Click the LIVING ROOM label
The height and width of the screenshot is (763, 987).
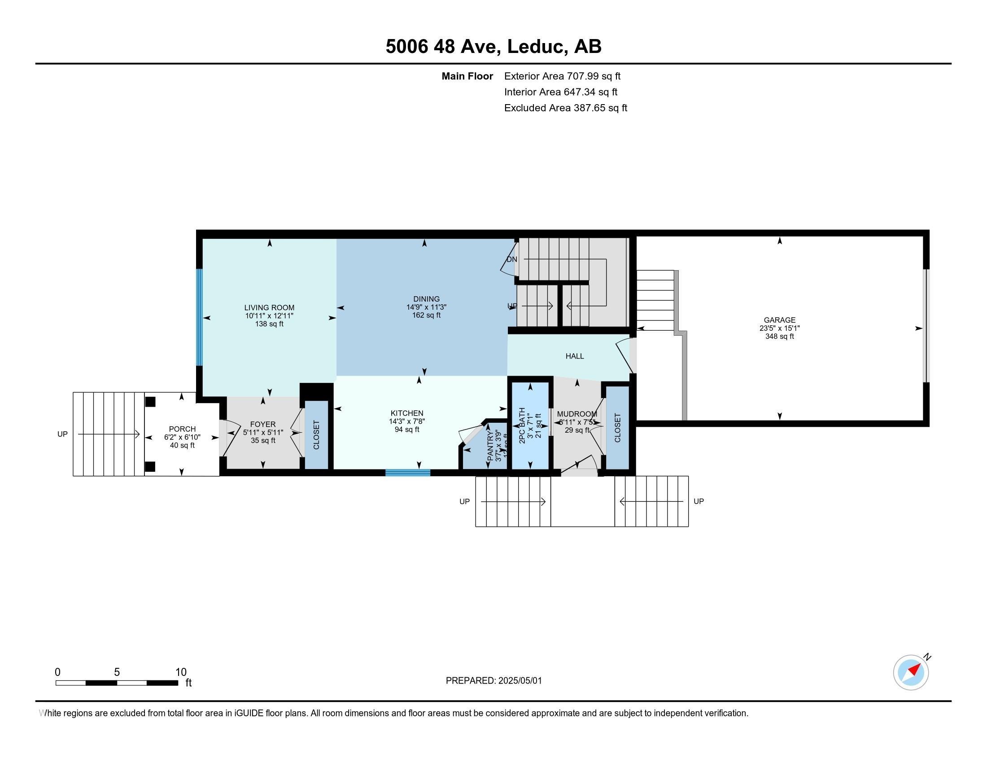click(269, 307)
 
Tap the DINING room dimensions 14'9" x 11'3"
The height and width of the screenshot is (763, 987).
click(426, 307)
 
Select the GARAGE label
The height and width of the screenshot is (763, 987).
click(779, 320)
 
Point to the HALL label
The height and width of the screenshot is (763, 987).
click(574, 356)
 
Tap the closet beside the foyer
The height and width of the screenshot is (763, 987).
click(316, 434)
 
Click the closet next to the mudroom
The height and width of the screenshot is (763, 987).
click(617, 428)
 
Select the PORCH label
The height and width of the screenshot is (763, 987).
click(182, 429)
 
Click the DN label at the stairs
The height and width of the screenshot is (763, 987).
click(511, 259)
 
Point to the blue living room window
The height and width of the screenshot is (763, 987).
click(199, 317)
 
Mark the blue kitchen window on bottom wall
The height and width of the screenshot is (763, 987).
click(408, 473)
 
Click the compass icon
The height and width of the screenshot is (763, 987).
click(911, 672)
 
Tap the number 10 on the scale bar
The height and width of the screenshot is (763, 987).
click(181, 672)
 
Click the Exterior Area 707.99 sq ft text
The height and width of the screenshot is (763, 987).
click(562, 76)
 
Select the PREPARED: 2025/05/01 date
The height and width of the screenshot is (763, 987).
click(493, 681)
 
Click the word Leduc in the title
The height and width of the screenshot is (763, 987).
click(537, 47)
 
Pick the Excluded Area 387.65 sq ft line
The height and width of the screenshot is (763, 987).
click(565, 108)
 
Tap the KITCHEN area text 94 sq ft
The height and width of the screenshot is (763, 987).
click(407, 430)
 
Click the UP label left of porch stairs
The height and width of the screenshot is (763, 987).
click(62, 434)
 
